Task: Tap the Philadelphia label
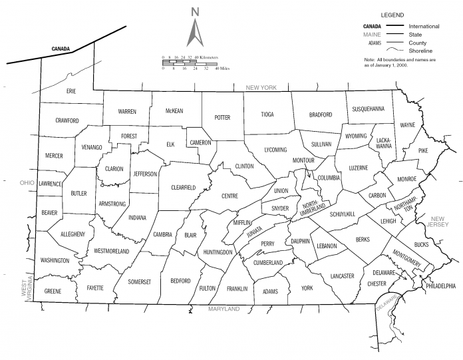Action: [x=440, y=286]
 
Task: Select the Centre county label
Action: [x=230, y=196]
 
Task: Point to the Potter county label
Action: [x=222, y=118]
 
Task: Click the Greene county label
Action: [x=53, y=291]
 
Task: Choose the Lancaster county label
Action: [x=342, y=275]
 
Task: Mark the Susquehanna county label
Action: [x=368, y=109]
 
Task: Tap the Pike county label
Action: [x=422, y=152]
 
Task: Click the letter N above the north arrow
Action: [x=195, y=11]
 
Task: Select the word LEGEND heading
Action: [x=393, y=15]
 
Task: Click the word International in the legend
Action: [x=424, y=26]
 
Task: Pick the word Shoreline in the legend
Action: [x=421, y=51]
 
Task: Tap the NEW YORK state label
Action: [x=260, y=88]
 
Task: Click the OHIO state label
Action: [x=27, y=182]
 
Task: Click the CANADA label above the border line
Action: [x=61, y=49]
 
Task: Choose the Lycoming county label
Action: [x=275, y=150]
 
